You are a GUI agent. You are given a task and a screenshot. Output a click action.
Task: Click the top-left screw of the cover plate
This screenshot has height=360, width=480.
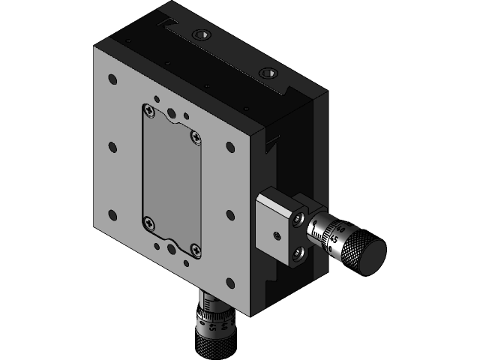150,112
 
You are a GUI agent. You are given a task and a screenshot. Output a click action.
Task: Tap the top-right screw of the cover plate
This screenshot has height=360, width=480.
196,136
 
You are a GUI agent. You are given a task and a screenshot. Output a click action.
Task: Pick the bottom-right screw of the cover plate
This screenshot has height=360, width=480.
195,250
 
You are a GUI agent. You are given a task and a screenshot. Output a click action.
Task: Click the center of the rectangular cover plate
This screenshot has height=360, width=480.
172,181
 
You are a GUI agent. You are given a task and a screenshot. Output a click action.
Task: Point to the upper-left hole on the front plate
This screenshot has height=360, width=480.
112,79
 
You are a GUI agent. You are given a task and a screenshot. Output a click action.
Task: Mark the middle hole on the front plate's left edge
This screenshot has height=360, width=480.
112,147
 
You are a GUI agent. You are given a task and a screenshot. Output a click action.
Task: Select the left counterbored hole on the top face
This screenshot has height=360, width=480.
201,35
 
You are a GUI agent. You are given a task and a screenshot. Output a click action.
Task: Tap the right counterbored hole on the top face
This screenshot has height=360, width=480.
266,73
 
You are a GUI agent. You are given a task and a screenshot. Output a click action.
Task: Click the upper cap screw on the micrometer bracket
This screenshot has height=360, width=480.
299,218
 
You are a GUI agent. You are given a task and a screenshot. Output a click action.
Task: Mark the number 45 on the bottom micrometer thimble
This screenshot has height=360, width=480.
214,327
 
